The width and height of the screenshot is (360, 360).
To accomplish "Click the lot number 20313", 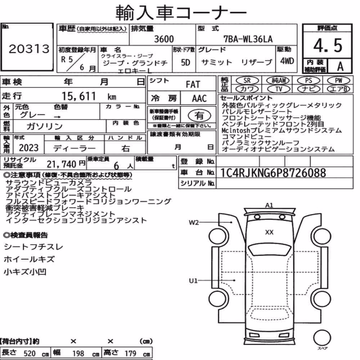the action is point(29,49).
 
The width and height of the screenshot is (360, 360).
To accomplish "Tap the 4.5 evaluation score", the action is point(328,45).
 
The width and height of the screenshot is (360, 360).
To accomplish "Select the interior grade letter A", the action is point(340,67).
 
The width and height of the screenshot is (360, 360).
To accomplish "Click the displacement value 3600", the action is point(164,39).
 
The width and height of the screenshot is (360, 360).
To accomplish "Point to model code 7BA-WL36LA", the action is point(248,39).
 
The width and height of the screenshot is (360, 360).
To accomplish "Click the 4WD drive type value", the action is point(287,61).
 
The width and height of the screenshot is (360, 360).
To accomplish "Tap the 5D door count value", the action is point(185,62).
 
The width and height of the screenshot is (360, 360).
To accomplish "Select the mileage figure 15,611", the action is point(79,96).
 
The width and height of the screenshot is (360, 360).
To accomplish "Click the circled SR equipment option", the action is point(247,81).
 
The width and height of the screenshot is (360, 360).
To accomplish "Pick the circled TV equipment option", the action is point(279,89).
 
